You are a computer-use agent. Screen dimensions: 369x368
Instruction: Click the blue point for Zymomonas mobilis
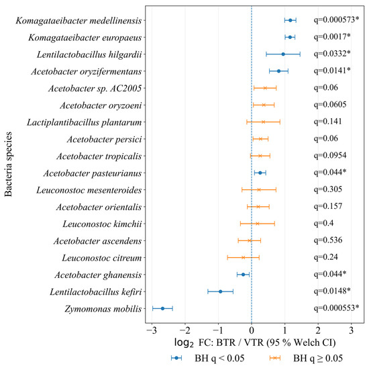[x=162, y=308]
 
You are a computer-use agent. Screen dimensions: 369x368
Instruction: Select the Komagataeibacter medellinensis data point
[x=290, y=20]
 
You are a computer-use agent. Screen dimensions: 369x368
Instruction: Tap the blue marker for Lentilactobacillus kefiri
[x=221, y=291]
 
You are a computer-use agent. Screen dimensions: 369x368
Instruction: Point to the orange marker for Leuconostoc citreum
[x=244, y=257]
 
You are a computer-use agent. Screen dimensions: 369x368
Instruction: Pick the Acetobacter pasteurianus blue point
[x=260, y=173]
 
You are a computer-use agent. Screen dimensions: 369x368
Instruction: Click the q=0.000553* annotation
[x=337, y=308]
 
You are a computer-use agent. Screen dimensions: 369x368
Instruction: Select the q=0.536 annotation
[x=328, y=240]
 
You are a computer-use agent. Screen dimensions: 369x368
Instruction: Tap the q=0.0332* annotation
[x=332, y=54]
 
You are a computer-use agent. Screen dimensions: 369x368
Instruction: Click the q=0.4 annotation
[x=323, y=223]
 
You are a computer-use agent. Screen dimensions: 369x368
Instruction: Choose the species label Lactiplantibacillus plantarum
[x=85, y=122]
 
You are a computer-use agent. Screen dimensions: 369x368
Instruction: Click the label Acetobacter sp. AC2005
[x=95, y=89]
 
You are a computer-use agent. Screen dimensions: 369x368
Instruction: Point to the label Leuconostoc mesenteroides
[x=89, y=190]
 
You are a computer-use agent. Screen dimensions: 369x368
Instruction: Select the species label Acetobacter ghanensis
[x=98, y=275]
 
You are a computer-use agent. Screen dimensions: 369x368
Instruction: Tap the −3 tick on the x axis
[x=152, y=330]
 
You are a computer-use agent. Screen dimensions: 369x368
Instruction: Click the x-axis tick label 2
[x=318, y=330]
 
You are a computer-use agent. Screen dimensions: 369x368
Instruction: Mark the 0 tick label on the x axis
[x=252, y=330]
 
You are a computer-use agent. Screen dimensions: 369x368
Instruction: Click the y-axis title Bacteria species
[x=8, y=165]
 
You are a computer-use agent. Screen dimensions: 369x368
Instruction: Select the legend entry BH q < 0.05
[x=208, y=358]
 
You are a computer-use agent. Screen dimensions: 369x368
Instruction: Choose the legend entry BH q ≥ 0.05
[x=306, y=358]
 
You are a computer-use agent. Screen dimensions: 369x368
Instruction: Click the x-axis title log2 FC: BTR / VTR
[x=219, y=342]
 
